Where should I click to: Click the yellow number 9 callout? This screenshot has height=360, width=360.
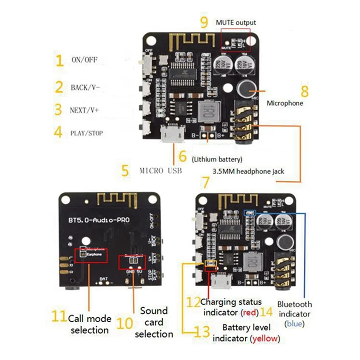(204, 21)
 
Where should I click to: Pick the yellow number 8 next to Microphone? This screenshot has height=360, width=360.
(305, 91)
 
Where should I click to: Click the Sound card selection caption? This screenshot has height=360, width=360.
(153, 322)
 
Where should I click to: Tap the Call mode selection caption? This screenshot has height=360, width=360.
(89, 324)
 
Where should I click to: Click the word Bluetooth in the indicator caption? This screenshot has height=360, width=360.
(294, 304)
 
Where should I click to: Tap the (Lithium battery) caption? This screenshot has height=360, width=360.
(217, 159)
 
